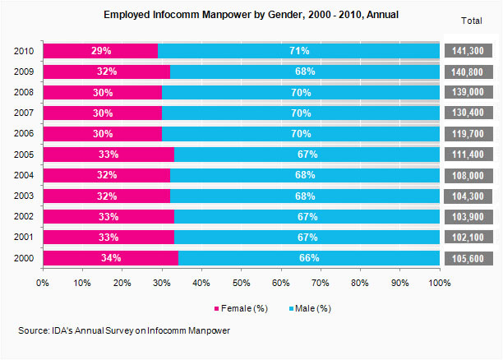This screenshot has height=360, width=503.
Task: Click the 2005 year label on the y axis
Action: tap(25, 155)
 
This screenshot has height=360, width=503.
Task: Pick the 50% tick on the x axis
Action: tap(241, 283)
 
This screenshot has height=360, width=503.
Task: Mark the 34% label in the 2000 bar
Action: tap(110, 258)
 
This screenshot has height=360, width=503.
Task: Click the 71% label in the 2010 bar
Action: tap(298, 51)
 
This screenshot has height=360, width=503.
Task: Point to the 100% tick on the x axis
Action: tap(439, 283)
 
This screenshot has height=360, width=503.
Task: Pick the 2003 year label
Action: tap(25, 196)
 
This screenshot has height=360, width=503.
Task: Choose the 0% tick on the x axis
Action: tap(43, 283)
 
